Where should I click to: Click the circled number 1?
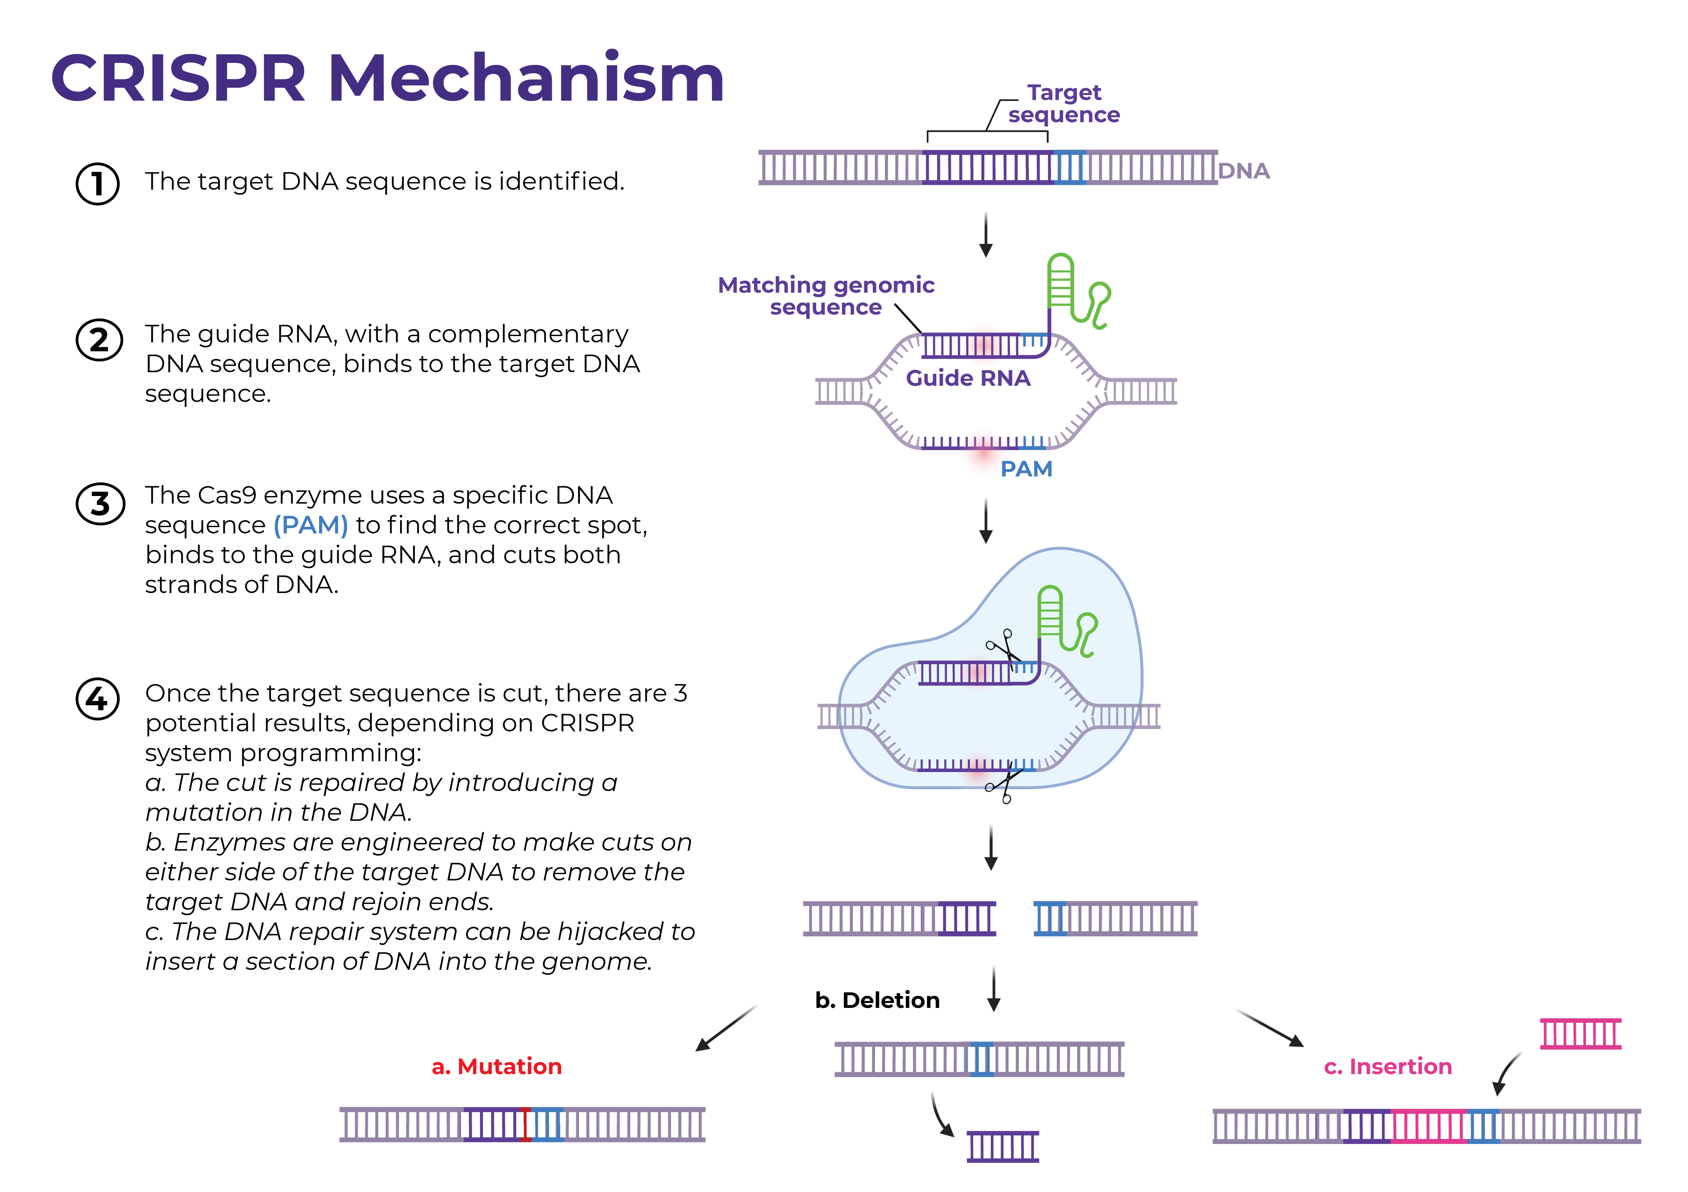tap(98, 183)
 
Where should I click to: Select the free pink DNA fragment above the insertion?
tap(1581, 1034)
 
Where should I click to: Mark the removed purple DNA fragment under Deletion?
tap(1003, 1146)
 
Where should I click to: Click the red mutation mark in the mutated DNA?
tap(525, 1124)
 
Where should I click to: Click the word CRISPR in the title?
tap(178, 79)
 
